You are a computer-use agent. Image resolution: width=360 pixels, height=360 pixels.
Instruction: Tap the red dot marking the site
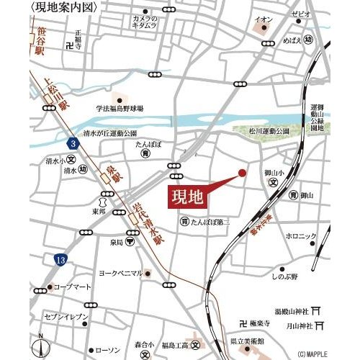[242, 173]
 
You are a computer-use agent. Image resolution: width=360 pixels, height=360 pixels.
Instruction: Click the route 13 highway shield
[57, 258]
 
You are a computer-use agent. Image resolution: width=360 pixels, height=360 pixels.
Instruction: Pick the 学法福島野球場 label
[120, 109]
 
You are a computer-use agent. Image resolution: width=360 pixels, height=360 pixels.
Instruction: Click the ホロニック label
[300, 236]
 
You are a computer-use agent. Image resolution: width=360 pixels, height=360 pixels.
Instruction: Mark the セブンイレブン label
[66, 317]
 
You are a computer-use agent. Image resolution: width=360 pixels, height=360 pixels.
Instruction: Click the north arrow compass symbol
[41, 343]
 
